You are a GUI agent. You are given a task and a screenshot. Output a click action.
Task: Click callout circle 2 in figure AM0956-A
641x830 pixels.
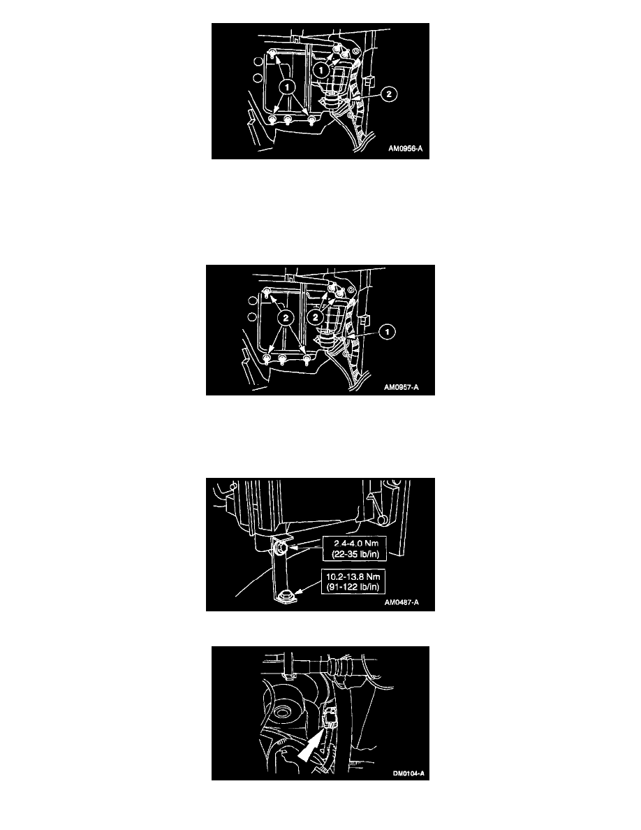(x=389, y=94)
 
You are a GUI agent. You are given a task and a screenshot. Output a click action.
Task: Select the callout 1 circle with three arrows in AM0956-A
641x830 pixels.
(x=287, y=86)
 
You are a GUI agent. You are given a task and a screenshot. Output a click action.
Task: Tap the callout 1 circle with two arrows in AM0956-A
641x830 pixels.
(x=320, y=70)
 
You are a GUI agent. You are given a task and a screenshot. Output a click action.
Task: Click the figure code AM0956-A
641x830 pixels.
(x=406, y=149)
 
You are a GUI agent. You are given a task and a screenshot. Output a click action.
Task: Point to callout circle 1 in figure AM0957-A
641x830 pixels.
(x=388, y=332)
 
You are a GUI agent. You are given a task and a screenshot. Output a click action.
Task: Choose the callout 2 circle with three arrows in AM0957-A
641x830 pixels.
(x=286, y=318)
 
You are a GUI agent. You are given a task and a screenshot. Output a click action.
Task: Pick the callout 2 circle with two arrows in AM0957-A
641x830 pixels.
(x=316, y=317)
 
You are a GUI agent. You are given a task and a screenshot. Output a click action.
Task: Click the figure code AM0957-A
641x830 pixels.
(x=401, y=388)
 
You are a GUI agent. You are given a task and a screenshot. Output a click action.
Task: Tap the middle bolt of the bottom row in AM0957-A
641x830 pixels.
(x=282, y=360)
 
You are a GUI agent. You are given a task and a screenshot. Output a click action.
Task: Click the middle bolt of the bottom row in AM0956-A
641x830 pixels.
(x=288, y=120)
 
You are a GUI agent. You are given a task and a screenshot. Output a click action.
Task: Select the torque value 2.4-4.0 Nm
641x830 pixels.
(x=357, y=543)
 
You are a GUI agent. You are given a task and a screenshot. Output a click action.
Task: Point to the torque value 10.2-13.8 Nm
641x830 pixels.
(x=353, y=576)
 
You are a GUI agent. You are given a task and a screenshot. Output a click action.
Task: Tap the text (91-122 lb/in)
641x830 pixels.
(x=353, y=587)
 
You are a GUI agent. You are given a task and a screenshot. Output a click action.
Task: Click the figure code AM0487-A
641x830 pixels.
(x=401, y=602)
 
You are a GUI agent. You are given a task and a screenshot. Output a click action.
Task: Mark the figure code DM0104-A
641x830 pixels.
(x=408, y=774)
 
